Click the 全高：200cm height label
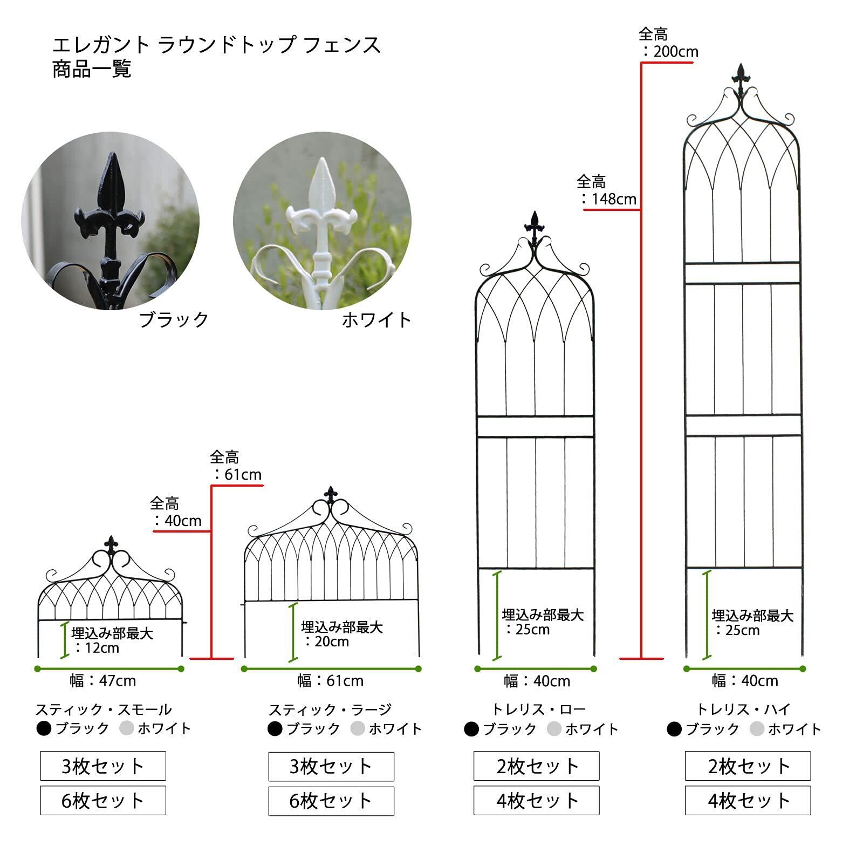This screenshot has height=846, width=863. pos(668,43)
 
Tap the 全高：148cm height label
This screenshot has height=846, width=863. pos(606,190)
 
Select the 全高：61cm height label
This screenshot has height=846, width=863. pos(235,466)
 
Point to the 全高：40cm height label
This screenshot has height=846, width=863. pos(175,512)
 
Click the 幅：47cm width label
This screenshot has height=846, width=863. pos(103,681)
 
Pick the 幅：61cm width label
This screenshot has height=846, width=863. pos(331,681)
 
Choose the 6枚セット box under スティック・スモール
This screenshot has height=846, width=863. pos(103,800)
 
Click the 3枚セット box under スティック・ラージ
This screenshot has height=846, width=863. pos(331,766)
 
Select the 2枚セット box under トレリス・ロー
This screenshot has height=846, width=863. pos(537,766)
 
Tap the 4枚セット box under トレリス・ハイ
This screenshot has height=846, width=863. pos(748,800)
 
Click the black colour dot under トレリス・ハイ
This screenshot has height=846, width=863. pos(674,729)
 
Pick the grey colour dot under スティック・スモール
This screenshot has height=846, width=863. pos(126,729)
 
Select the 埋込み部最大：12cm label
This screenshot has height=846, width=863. pos(112,640)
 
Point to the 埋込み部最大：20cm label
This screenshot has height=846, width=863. pos(341,634)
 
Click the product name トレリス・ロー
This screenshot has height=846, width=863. pos(538,709)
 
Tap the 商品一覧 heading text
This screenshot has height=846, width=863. pos(92,70)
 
